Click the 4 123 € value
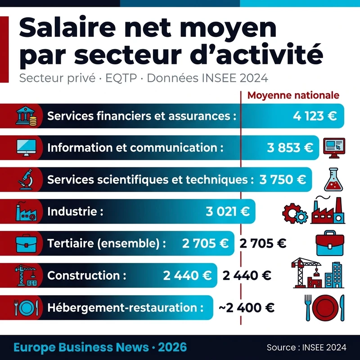(315, 116)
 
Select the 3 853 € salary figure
(290, 148)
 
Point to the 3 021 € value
(228, 211)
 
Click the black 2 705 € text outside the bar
(263, 243)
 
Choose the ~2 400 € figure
(246, 308)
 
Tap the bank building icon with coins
(26, 116)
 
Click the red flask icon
(333, 179)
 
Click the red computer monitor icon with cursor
(334, 147)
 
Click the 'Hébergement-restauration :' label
(122, 308)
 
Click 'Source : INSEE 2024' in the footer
(306, 347)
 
